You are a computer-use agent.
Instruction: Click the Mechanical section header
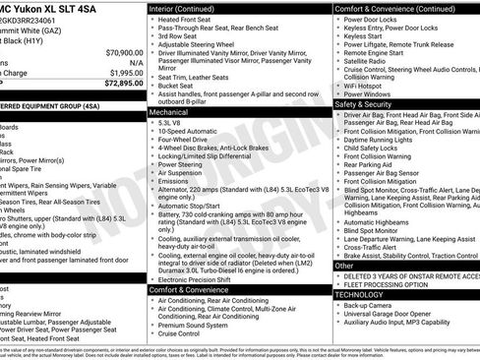[169, 112]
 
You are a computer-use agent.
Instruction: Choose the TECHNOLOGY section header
[359, 293]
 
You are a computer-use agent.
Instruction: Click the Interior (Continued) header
[189, 8]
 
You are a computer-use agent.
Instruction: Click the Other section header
[343, 266]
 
